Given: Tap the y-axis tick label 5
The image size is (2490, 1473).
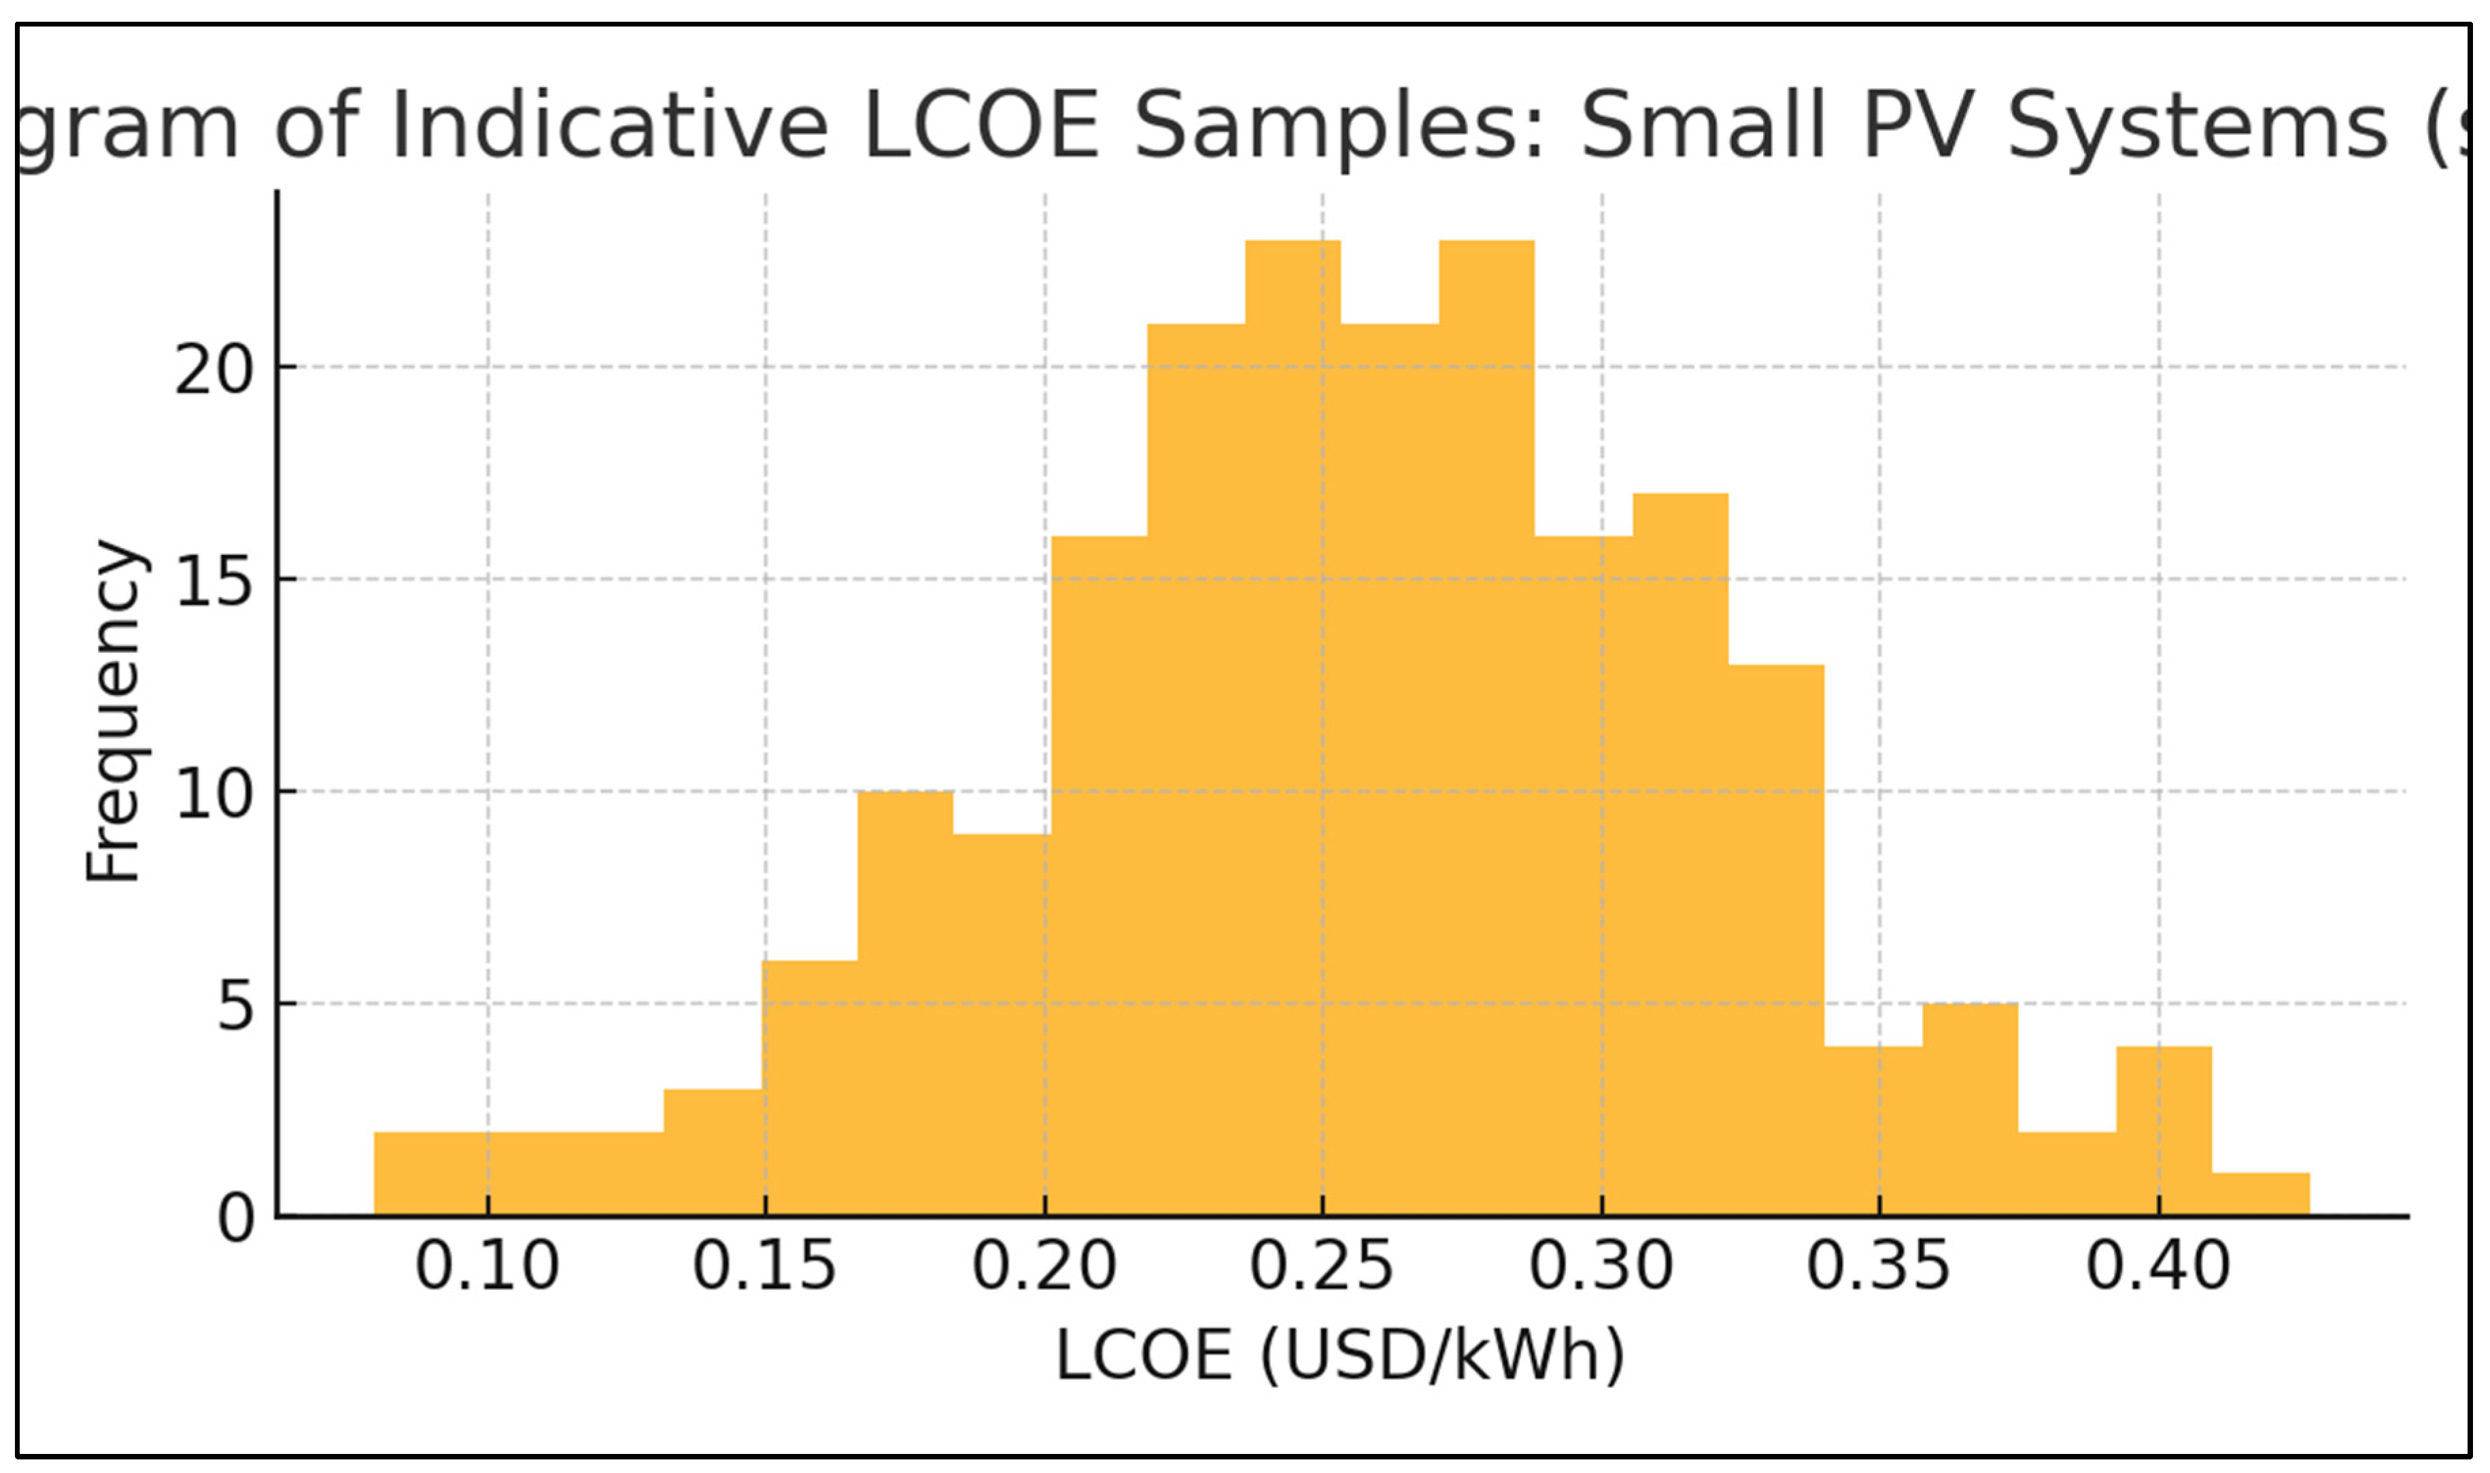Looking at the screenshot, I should point(236,1007).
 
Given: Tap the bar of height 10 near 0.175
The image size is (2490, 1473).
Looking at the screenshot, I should point(904,1002).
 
